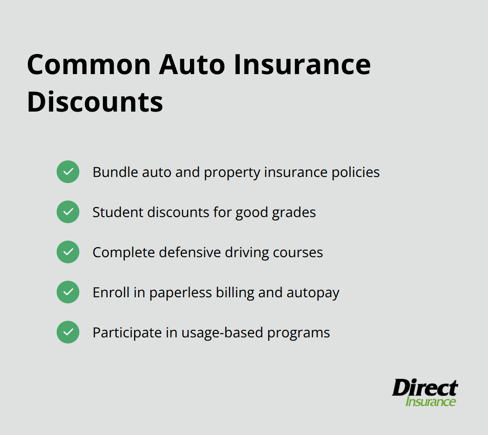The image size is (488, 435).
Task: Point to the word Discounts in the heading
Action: tap(95, 102)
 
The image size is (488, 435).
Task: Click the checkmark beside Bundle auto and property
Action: tap(68, 172)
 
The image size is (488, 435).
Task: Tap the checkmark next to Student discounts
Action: tap(68, 212)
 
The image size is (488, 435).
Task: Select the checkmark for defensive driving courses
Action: tap(68, 252)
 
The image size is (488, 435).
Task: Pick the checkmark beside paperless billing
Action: tap(68, 292)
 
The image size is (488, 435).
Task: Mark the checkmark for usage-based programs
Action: tap(68, 332)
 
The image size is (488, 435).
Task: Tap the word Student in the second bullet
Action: tap(118, 212)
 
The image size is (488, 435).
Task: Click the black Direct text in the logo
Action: tap(425, 387)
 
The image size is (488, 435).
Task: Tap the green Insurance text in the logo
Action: tap(430, 401)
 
